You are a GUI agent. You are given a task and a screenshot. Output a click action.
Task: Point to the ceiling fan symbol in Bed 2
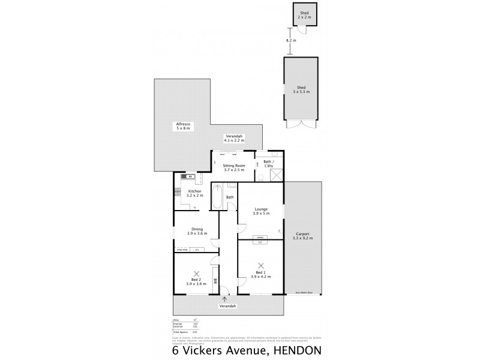click(x=196, y=273)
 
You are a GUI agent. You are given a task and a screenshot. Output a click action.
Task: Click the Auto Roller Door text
click(x=304, y=293)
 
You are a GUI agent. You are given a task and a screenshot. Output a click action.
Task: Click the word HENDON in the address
click(x=295, y=350)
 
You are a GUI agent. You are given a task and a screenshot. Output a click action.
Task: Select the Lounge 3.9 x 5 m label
click(x=260, y=211)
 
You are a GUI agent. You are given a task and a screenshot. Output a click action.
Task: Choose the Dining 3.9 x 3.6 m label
click(x=197, y=231)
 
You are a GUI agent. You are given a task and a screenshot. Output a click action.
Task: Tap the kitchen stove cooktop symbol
click(x=177, y=192)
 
